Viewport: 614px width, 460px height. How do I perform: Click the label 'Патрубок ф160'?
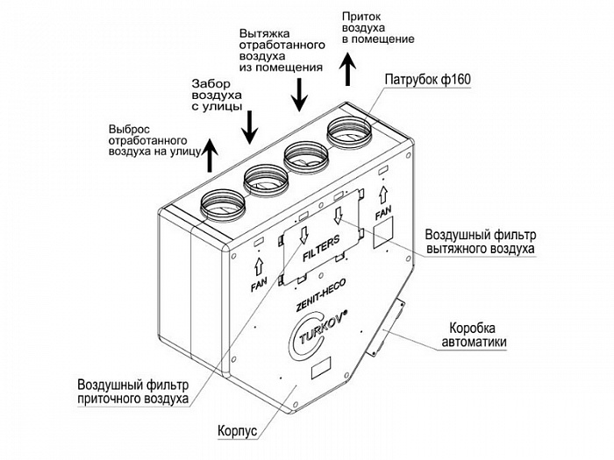tap(428, 80)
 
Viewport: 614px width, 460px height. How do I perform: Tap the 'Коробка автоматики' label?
tap(475, 335)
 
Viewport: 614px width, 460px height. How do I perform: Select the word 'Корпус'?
tap(238, 431)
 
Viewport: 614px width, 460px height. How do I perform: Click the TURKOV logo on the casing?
tap(318, 334)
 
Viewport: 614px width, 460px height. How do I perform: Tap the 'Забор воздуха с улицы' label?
tap(217, 95)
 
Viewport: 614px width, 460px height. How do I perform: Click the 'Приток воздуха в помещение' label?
tap(378, 28)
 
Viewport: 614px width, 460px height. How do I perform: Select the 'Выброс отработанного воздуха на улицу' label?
tap(153, 141)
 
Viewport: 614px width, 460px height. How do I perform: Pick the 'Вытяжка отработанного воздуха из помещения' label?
tap(282, 50)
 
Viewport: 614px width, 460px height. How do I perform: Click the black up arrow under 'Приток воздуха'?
tap(347, 70)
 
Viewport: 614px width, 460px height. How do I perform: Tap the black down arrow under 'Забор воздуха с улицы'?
tap(249, 127)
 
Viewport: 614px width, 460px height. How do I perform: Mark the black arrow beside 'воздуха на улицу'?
tap(211, 156)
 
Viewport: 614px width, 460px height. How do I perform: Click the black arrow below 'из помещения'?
tap(300, 95)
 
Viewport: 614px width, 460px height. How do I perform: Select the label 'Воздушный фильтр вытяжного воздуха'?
tap(481, 242)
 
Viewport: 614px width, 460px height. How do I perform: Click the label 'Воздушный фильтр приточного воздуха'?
tap(133, 392)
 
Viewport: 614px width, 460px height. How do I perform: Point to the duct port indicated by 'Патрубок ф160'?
tap(348, 131)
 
